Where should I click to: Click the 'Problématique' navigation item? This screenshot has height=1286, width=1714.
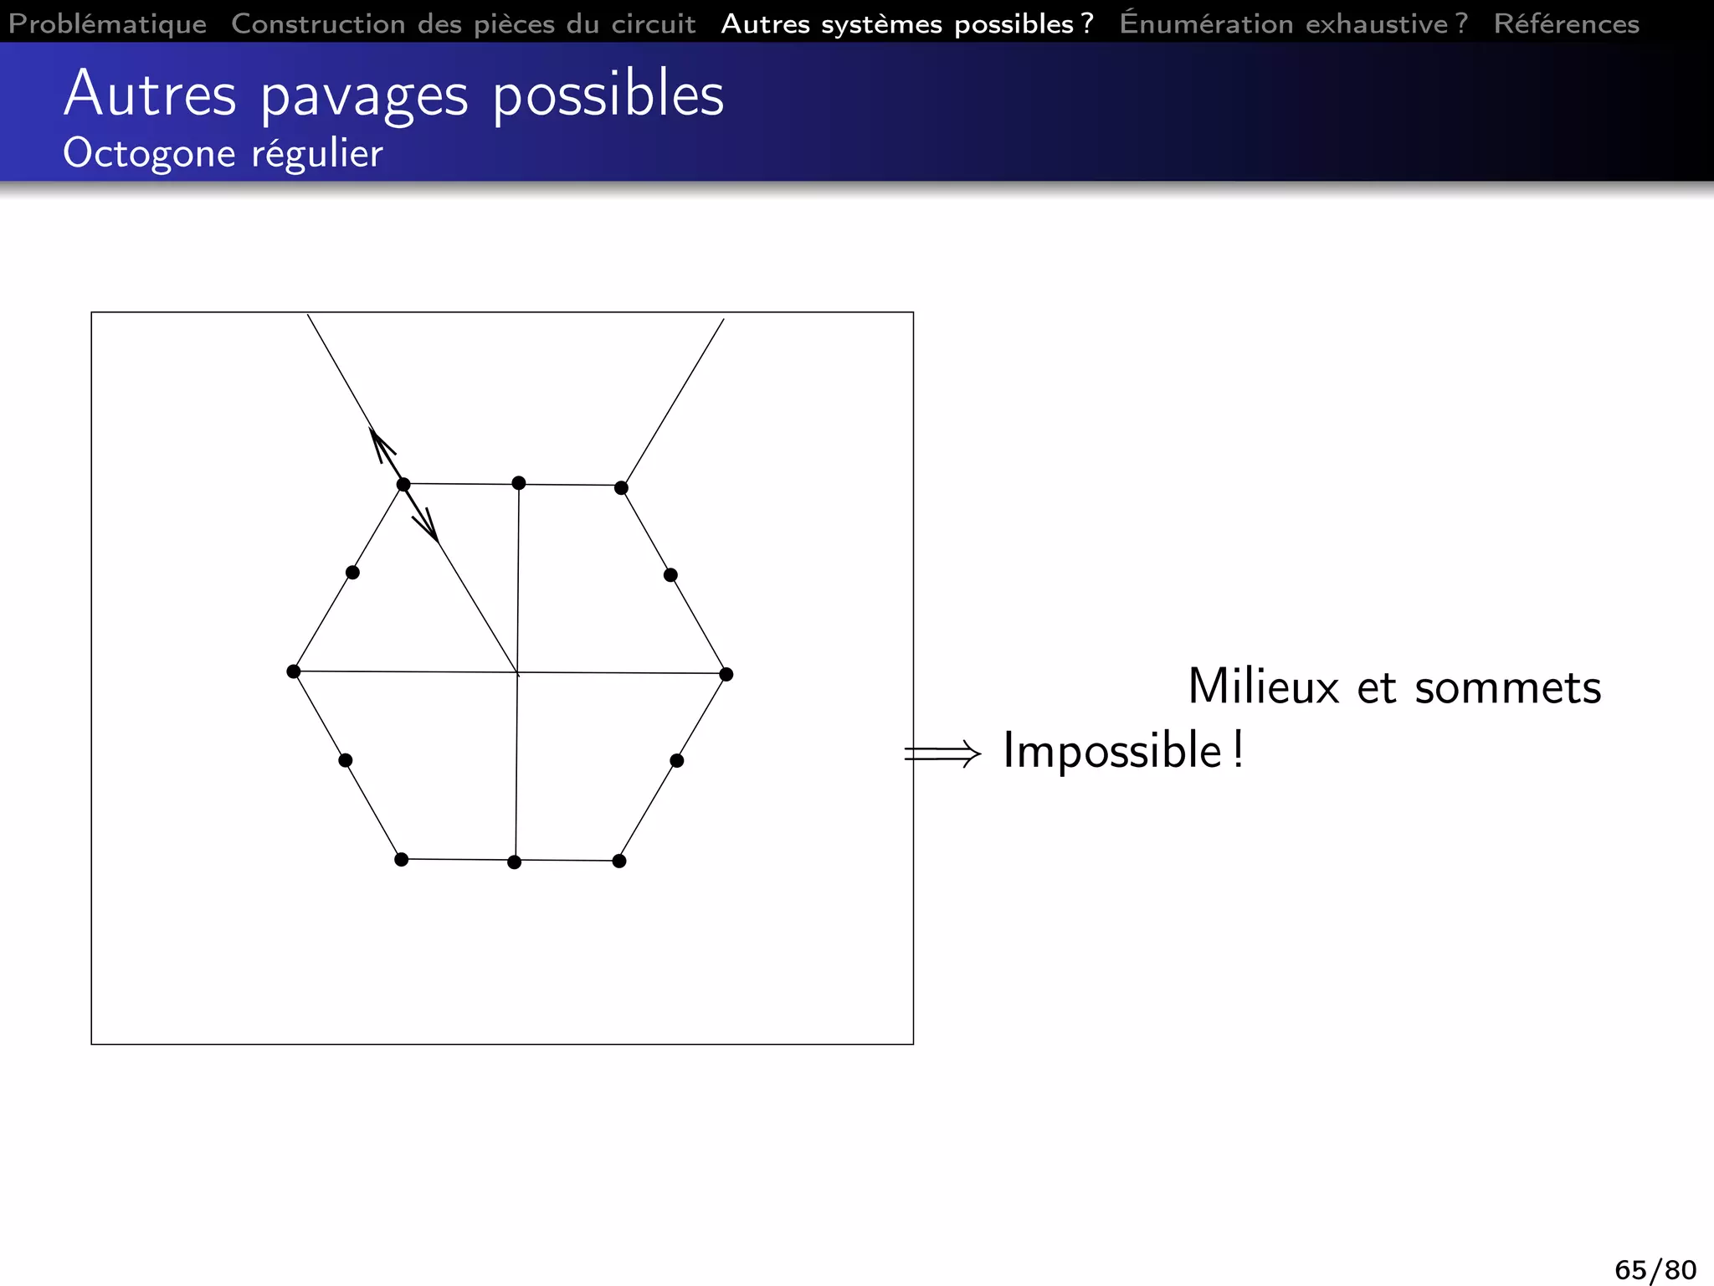107,23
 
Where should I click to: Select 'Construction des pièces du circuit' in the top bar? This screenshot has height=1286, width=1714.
463,23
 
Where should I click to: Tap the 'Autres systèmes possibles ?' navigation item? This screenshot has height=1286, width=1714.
907,23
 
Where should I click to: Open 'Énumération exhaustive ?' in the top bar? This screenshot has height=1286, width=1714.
1293,23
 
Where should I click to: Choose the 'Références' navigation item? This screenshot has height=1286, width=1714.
1566,23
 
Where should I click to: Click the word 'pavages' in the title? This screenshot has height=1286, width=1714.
364,95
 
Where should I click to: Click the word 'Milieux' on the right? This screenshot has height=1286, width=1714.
1264,687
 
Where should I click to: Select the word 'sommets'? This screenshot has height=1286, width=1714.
1507,687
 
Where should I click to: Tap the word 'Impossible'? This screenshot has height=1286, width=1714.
1112,750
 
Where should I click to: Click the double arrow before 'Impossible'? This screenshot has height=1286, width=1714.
942,754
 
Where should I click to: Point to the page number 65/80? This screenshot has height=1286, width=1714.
1655,1269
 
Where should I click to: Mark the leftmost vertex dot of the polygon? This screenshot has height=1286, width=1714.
294,671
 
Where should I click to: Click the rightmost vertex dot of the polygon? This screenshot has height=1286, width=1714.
726,674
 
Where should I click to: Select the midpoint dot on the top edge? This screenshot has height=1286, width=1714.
519,483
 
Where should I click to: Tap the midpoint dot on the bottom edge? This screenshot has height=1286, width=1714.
515,862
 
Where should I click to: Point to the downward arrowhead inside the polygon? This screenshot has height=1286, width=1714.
428,527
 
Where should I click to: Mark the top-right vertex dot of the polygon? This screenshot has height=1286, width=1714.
621,488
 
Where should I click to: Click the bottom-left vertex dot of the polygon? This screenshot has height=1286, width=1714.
402,860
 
